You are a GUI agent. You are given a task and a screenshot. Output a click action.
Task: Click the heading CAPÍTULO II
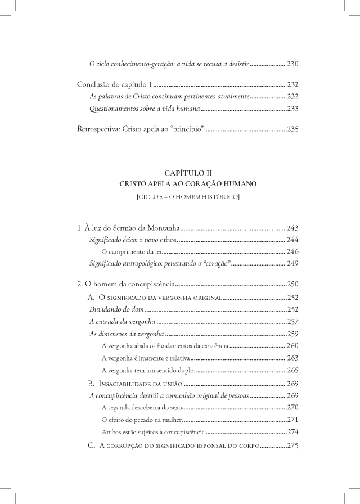(x=180, y=172)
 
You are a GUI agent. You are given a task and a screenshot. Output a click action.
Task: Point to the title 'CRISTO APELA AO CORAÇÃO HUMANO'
(x=180, y=183)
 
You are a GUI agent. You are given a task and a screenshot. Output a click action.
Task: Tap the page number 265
(x=292, y=370)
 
